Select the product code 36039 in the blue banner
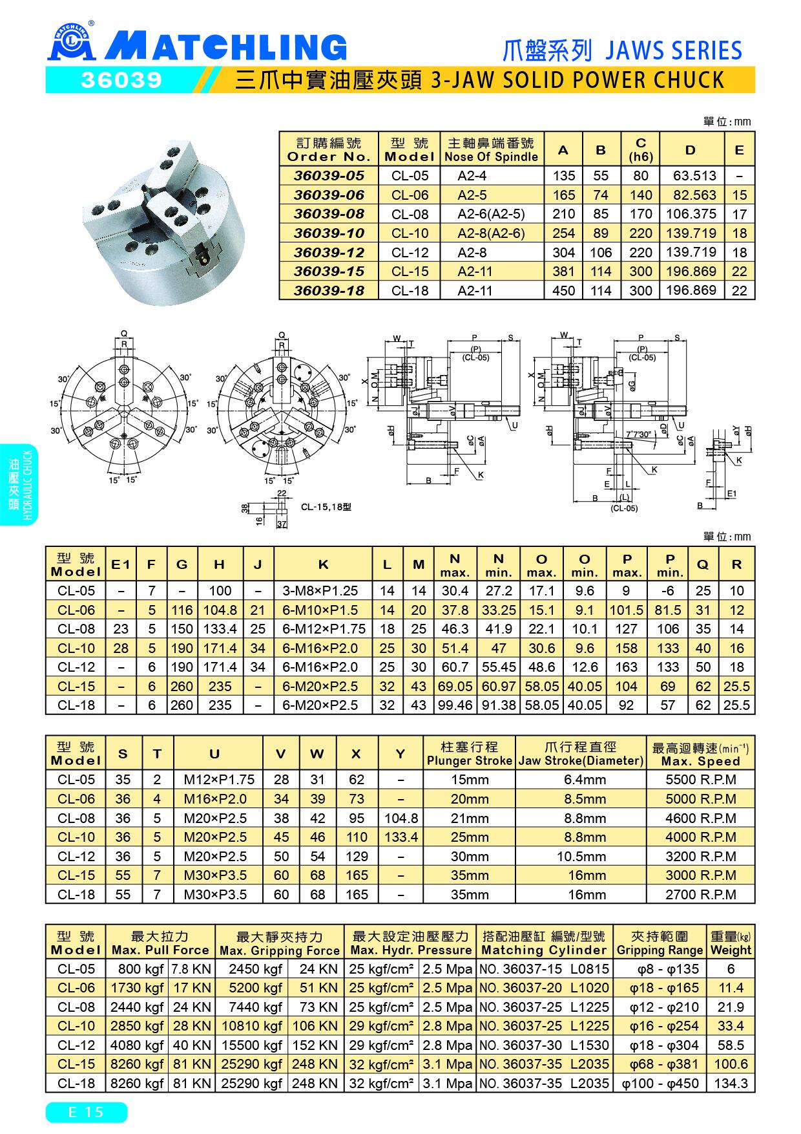pos(121,80)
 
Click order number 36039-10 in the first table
pos(329,233)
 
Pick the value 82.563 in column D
pos(691,195)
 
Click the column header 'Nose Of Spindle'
pos(491,157)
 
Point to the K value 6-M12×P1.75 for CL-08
pos(324,628)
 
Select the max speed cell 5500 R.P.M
pos(700,780)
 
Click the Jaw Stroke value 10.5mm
pos(581,856)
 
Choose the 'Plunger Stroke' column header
pos(470,761)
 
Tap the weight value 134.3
pos(731,1083)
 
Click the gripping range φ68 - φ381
pos(659,1064)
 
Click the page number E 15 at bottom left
pos(86,1111)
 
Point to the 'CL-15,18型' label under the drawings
pos(326,508)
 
